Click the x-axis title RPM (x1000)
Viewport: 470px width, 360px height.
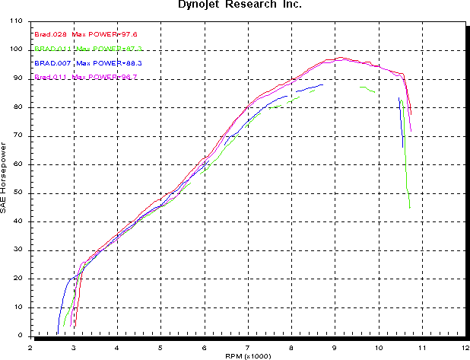[248, 355]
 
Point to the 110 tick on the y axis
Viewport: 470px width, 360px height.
[17, 21]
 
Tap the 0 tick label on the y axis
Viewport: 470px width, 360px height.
[21, 336]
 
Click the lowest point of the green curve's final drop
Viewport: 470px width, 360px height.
[410, 208]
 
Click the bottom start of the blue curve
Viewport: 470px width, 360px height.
[57, 333]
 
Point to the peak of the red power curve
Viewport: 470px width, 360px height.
[341, 57]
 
